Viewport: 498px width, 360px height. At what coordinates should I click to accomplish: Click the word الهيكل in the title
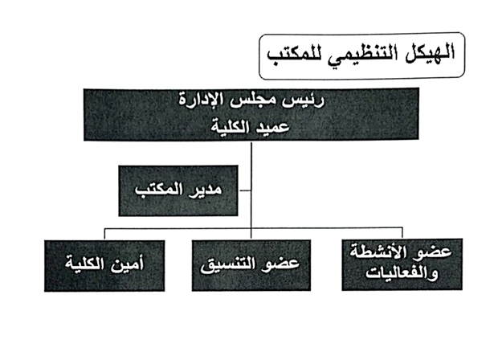(x=430, y=53)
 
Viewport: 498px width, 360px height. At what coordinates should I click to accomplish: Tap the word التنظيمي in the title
(x=362, y=55)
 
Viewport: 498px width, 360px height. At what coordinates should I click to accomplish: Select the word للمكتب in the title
(x=293, y=55)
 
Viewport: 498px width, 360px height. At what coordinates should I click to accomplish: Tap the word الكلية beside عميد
(x=230, y=126)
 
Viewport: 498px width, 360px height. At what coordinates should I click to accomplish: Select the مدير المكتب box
(x=178, y=190)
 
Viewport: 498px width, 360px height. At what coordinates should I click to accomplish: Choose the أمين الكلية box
(x=104, y=266)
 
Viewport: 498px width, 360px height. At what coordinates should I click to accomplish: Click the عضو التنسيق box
(x=251, y=265)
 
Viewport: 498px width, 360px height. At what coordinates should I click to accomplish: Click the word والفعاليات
(x=402, y=273)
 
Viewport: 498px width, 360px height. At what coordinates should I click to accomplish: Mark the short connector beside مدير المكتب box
(x=244, y=190)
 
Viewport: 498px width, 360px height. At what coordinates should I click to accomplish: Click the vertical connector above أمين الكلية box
(x=104, y=234)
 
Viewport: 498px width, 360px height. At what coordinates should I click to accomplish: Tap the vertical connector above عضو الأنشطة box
(x=402, y=233)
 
